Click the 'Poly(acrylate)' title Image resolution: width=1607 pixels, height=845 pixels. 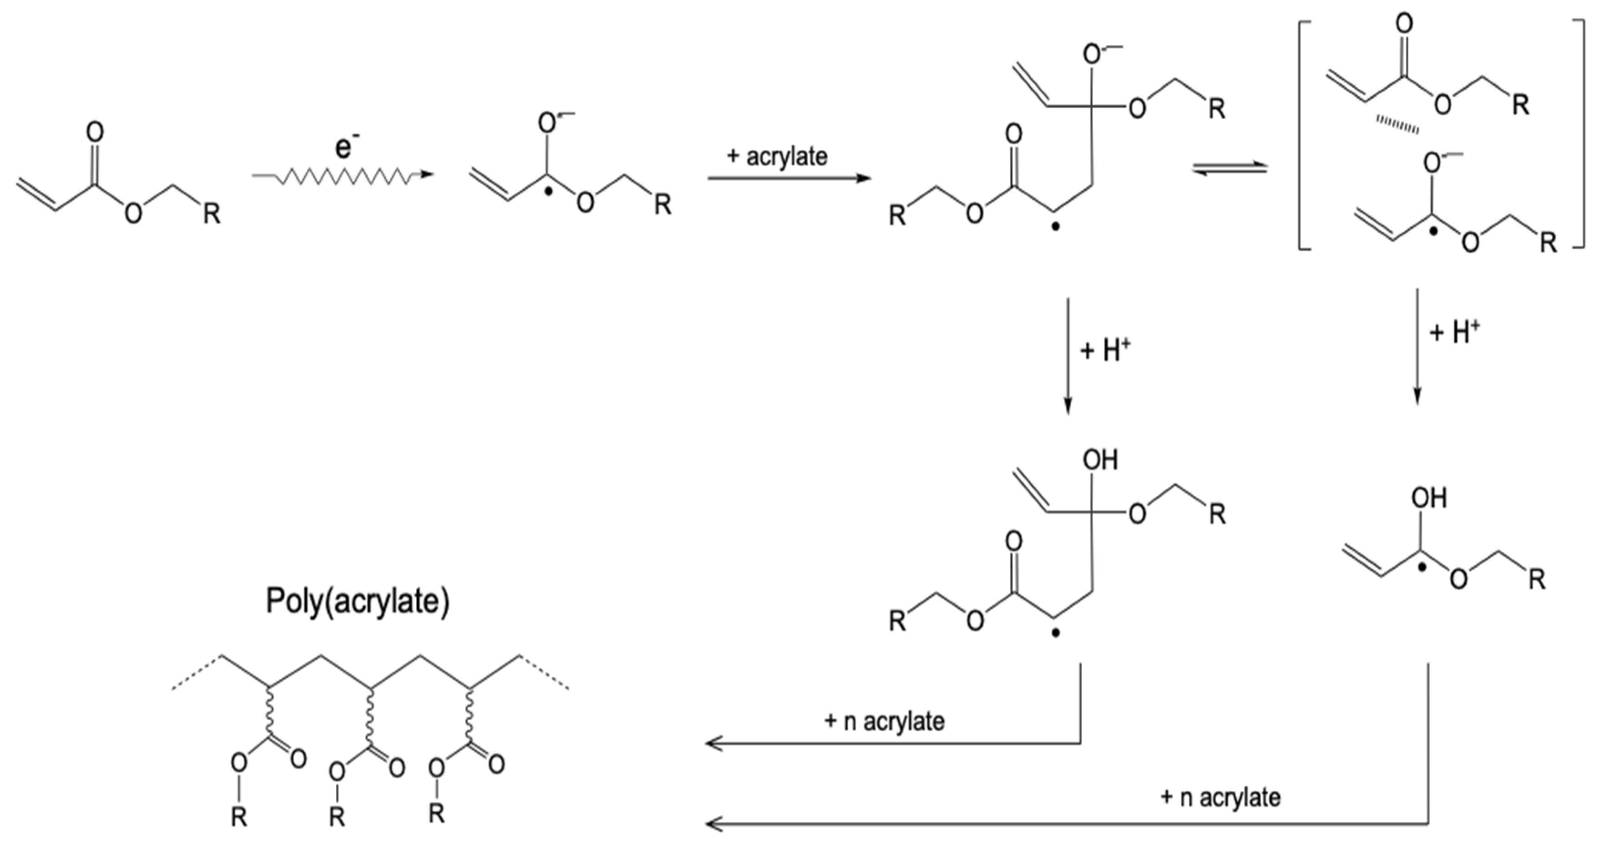tap(358, 601)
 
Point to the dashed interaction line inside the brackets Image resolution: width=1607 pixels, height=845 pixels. tap(1398, 125)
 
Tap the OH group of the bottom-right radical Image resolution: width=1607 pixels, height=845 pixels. tap(1428, 498)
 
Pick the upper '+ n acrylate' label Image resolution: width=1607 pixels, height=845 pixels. tap(885, 722)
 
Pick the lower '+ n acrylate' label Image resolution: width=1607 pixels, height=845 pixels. tap(1220, 797)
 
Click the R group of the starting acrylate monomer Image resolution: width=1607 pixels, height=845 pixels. tap(211, 214)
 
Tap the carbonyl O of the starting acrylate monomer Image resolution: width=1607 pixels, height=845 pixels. tap(95, 132)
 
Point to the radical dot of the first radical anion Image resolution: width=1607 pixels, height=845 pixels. tap(548, 192)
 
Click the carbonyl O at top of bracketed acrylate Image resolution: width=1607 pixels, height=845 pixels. tap(1404, 24)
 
